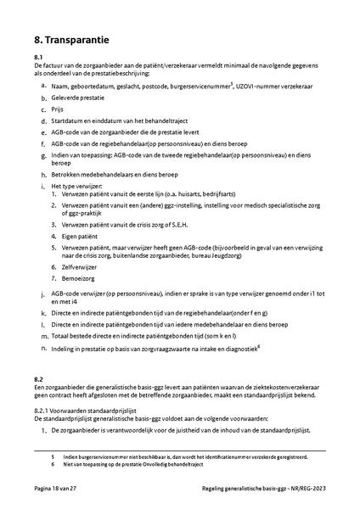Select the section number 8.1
[39, 57]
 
